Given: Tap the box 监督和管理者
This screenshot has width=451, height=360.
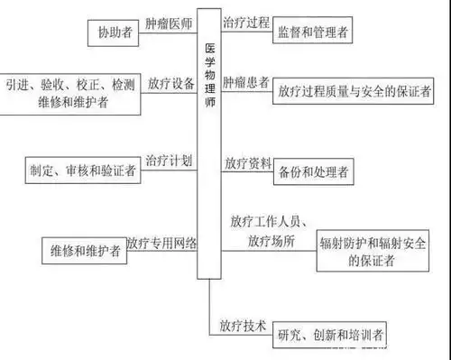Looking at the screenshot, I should click(311, 33).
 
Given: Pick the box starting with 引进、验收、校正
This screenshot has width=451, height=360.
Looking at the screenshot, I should click(70, 93).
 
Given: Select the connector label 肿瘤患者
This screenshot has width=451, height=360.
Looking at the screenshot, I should click(245, 83).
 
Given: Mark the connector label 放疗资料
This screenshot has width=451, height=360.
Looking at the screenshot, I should click(247, 163).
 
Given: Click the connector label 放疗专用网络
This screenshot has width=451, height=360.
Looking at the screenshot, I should click(161, 242).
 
